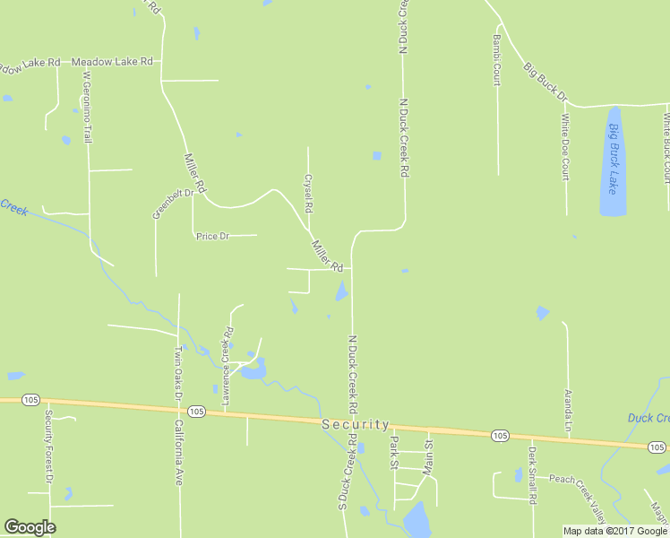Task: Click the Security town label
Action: tap(356, 424)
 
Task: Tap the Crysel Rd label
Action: tap(308, 193)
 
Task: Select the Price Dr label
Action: tap(213, 236)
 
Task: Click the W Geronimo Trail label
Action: tap(88, 110)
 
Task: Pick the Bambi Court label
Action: tap(496, 61)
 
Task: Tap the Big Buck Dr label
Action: tap(546, 81)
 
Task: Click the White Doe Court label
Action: tap(565, 145)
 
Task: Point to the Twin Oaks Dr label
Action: tap(178, 370)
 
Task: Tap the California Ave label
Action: tap(179, 453)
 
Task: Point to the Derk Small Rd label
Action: tap(531, 474)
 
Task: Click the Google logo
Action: tap(30, 527)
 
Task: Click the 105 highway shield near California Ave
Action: tap(197, 411)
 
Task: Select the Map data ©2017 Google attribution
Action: tap(615, 531)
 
